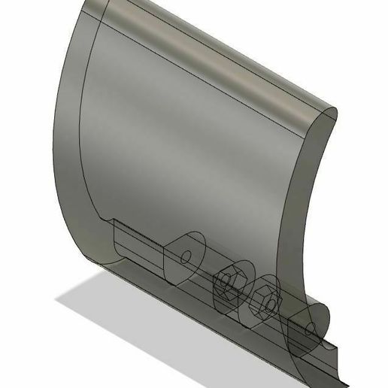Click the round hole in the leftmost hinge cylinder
click(x=184, y=256)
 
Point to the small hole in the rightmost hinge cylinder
click(x=310, y=328)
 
